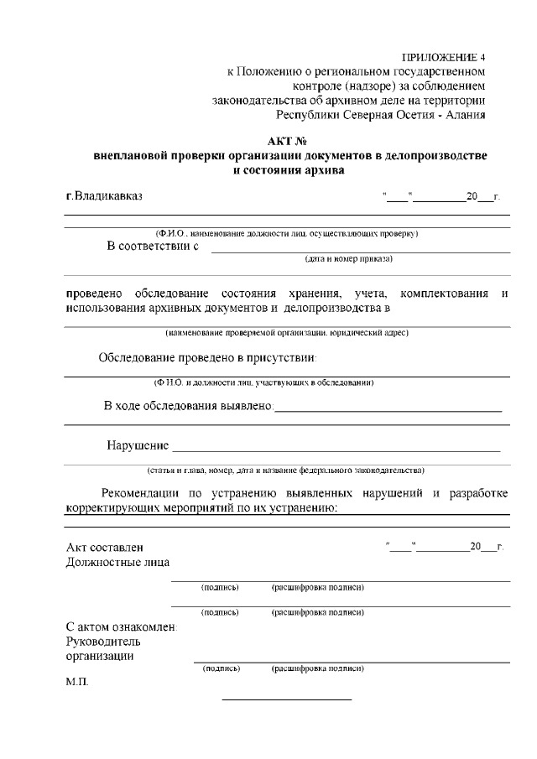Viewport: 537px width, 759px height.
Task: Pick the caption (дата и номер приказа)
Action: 348,259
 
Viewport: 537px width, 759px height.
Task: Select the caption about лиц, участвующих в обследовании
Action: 263,383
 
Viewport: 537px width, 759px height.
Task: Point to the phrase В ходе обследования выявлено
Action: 189,407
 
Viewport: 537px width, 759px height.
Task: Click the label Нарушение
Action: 138,444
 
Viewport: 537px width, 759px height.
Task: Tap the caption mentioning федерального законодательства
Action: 286,470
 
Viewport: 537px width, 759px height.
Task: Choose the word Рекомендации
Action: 152,492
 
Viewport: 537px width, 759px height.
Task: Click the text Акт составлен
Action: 105,548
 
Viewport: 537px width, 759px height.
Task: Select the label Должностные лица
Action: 117,563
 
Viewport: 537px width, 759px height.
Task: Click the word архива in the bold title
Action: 324,170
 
